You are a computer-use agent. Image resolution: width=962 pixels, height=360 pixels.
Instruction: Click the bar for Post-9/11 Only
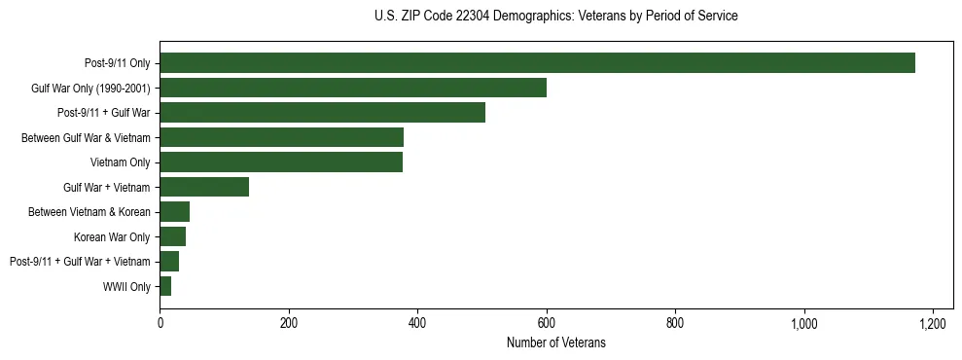[537, 63]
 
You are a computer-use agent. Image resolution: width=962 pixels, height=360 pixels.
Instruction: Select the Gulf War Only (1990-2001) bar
[353, 88]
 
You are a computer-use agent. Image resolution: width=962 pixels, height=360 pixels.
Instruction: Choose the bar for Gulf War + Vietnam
[204, 187]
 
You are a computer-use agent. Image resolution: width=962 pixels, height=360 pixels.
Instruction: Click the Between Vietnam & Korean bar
[175, 212]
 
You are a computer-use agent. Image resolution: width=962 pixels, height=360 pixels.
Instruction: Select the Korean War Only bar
[173, 236]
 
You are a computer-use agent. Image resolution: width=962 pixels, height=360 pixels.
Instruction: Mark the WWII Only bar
[165, 286]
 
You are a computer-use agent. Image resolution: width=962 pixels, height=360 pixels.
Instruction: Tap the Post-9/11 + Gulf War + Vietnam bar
[169, 262]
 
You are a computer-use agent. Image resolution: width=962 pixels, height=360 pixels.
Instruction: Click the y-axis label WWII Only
[126, 287]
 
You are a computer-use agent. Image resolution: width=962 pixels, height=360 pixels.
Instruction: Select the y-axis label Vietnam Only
[121, 162]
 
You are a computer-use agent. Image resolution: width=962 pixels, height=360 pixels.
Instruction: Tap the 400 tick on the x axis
[417, 322]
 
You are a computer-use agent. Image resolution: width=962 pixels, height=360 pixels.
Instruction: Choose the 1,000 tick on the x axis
[804, 322]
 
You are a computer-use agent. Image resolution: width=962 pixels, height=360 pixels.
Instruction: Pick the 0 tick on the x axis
[160, 322]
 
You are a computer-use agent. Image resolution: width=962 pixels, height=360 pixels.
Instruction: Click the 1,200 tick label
[933, 322]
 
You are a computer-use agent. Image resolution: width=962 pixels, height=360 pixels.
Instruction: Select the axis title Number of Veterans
[555, 342]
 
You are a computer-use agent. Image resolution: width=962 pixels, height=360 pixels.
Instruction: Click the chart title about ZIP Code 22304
[555, 17]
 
